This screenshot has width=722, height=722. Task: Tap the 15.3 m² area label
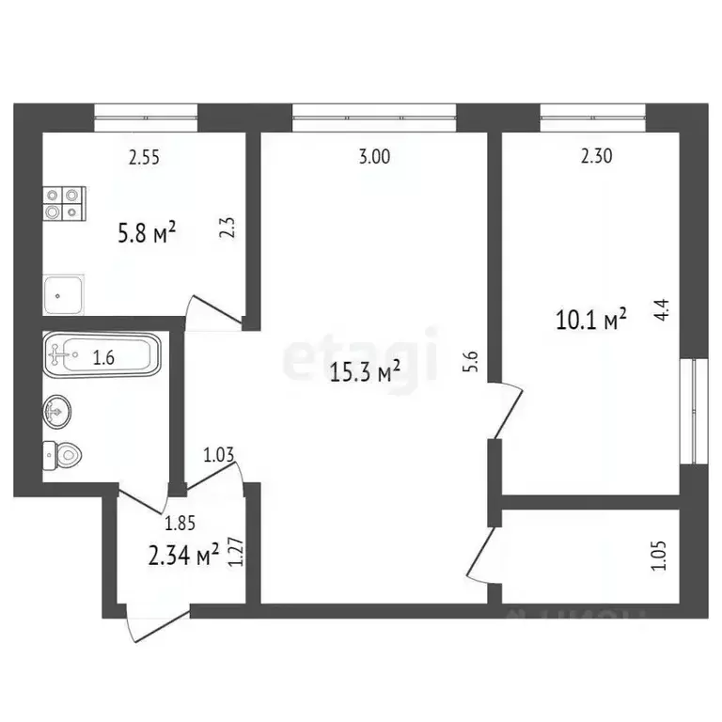pyautogui.click(x=367, y=374)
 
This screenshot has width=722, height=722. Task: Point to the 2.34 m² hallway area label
pyautogui.click(x=184, y=557)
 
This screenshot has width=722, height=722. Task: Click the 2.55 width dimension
pyautogui.click(x=144, y=158)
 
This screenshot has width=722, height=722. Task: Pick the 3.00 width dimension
pyautogui.click(x=374, y=158)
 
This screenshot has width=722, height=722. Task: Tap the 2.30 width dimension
pyautogui.click(x=597, y=158)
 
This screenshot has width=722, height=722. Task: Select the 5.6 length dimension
pyautogui.click(x=471, y=362)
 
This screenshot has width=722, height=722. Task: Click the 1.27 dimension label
pyautogui.click(x=239, y=551)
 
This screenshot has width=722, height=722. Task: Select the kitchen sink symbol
pyautogui.click(x=64, y=294)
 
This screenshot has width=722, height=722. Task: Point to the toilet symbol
pyautogui.click(x=64, y=455)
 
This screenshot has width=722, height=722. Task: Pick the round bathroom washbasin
pyautogui.click(x=56, y=410)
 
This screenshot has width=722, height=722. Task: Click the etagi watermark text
pyautogui.click(x=362, y=352)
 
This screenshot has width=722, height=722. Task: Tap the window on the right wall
pyautogui.click(x=695, y=410)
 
